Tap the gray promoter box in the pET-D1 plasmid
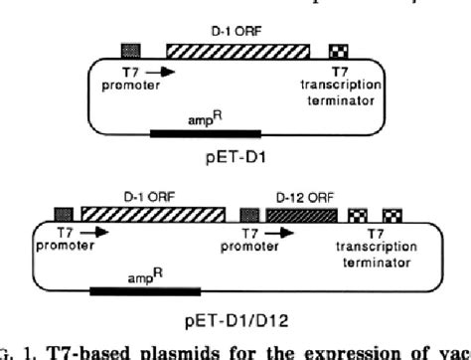[130, 51]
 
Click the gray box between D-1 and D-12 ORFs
[249, 213]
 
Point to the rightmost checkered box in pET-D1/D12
[392, 213]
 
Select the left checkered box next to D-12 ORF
[358, 213]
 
